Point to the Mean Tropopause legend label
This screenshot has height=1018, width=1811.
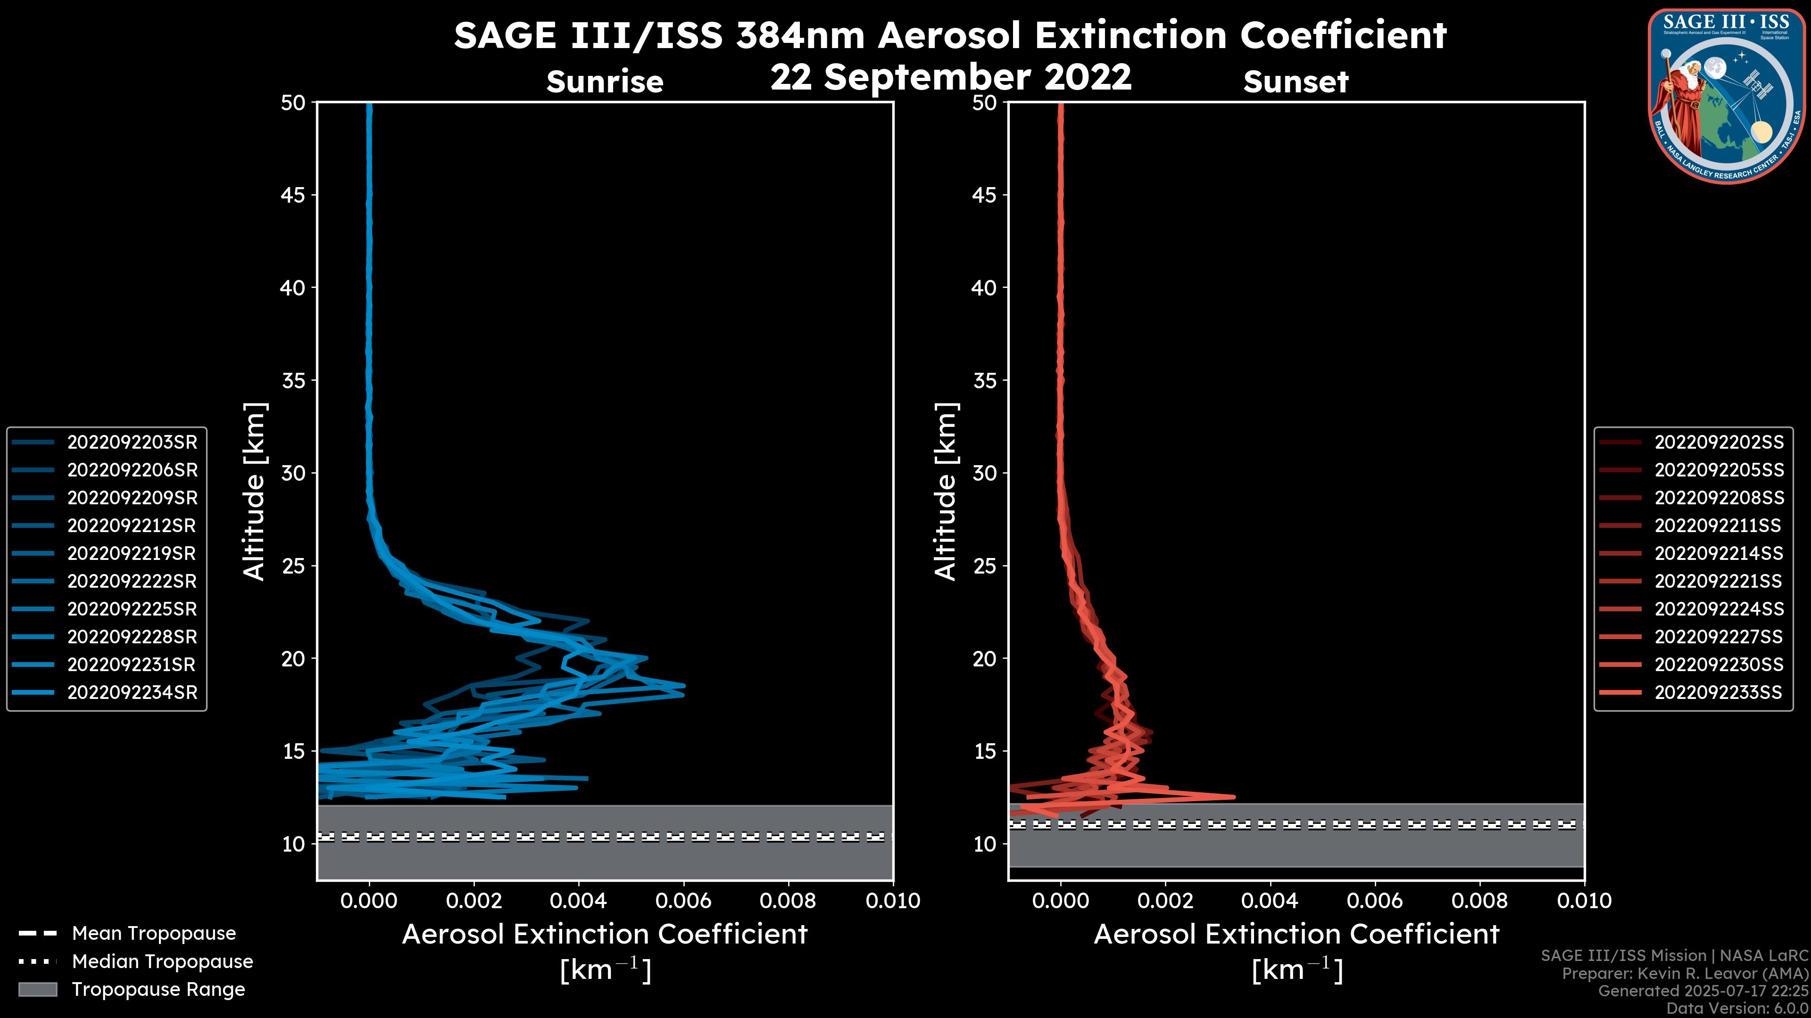154,933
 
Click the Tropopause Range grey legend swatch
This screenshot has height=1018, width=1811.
38,989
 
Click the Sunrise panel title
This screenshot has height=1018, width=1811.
605,82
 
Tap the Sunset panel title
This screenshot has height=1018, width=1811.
1296,82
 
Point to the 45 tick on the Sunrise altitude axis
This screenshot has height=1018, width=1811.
293,195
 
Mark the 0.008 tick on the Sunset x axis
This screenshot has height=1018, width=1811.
1480,900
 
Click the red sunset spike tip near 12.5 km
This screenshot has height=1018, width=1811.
1233,796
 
